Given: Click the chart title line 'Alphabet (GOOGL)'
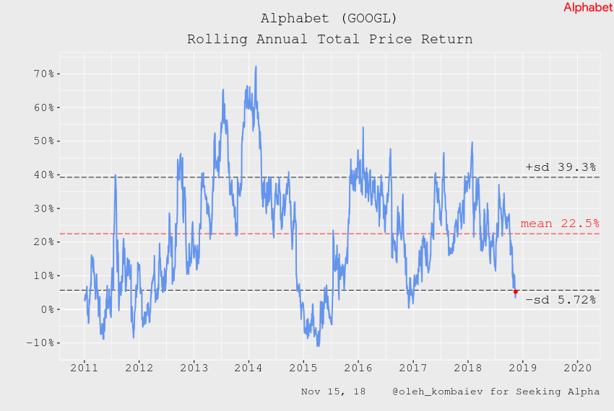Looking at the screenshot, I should (x=329, y=17).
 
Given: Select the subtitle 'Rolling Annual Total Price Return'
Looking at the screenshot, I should (x=329, y=39).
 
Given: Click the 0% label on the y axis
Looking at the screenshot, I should (x=40, y=309).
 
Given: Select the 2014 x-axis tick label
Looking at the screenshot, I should (x=248, y=367).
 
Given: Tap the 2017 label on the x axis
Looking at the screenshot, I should (x=413, y=367).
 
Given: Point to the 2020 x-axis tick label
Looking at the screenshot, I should (x=578, y=367).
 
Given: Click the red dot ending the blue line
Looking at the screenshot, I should (x=516, y=291).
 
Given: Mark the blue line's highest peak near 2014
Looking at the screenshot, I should (x=256, y=66).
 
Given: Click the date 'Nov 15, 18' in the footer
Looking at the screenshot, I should (x=333, y=392).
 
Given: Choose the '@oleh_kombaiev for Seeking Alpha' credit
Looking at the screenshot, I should (x=496, y=392).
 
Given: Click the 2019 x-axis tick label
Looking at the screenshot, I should (x=523, y=367).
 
